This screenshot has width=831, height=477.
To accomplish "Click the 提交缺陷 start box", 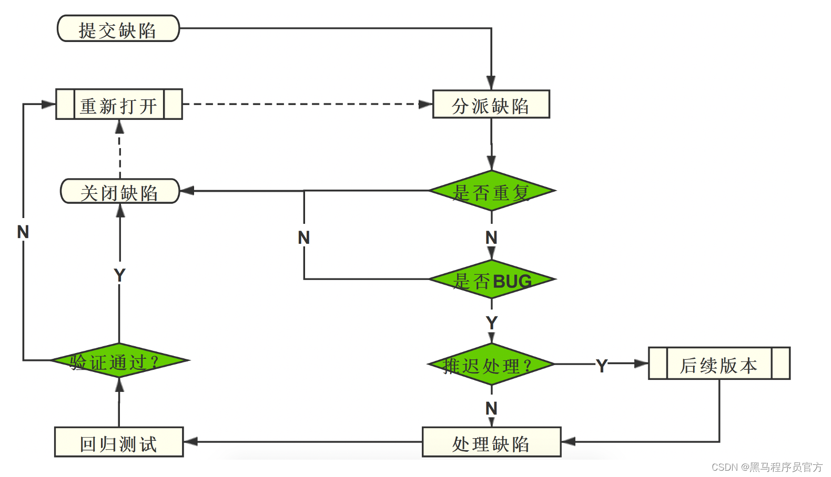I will click(118, 28).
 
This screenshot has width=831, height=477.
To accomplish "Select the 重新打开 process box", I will click(119, 105).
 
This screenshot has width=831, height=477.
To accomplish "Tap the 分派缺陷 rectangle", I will click(491, 105).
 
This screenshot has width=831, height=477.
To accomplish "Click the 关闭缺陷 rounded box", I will click(120, 191).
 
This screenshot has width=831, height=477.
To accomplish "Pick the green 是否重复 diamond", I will click(492, 191).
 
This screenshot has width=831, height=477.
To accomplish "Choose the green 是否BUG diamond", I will click(492, 279).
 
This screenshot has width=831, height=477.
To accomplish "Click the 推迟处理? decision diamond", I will click(491, 364).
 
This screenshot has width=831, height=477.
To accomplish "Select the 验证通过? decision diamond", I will click(119, 360).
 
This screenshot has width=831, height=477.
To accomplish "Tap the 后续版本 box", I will click(719, 364).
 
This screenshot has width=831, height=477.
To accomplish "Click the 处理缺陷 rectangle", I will click(491, 442).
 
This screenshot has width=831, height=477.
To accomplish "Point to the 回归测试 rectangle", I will click(119, 442).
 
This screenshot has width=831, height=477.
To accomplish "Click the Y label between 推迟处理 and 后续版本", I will click(602, 365).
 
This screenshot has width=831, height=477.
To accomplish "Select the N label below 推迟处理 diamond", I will click(491, 408).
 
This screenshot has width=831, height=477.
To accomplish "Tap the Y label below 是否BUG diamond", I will click(492, 323).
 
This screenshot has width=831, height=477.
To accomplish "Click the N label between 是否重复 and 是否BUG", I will click(491, 237).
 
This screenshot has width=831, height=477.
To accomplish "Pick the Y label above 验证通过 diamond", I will click(119, 275).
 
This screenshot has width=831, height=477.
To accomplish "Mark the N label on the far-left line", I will click(23, 232).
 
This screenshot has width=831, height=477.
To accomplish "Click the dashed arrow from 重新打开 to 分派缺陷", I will click(305, 104).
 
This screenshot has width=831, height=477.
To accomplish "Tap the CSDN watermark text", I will click(767, 467).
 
